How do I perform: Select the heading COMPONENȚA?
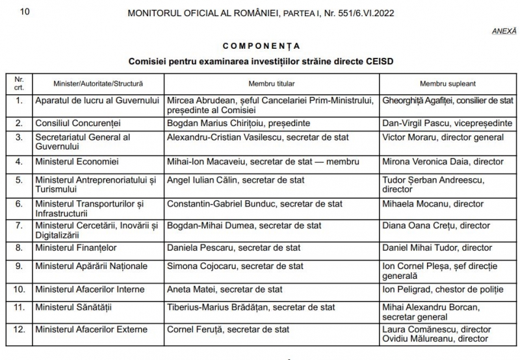261,47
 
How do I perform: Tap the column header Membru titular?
272,84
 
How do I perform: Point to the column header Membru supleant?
448,84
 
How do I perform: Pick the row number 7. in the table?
19,225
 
